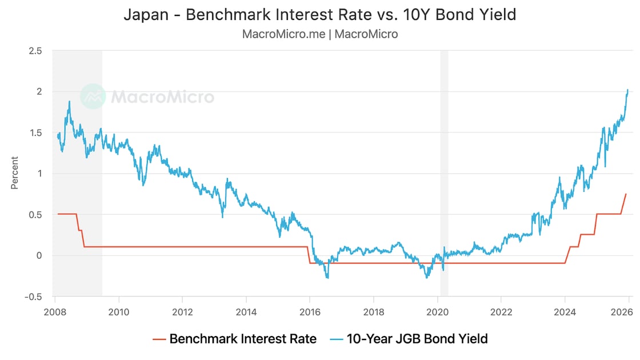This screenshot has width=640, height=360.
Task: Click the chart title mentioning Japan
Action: [x=320, y=15]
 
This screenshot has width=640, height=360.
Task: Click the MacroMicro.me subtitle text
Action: [x=320, y=34]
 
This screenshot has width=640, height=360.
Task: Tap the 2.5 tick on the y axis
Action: [x=35, y=51]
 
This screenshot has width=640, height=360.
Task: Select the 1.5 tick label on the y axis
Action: [x=35, y=133]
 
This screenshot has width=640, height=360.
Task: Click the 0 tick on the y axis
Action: [x=39, y=255]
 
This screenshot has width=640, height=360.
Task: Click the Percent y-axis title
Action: [x=15, y=173]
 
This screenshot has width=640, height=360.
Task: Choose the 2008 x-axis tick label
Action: [x=55, y=313]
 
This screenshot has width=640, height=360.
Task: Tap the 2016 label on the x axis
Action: [x=310, y=313]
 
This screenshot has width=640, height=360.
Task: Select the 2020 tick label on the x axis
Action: [x=437, y=313]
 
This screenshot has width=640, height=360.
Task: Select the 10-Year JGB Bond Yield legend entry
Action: [x=409, y=339]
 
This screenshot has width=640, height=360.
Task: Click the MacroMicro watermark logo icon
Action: [x=93, y=97]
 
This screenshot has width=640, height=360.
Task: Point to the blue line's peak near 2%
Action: [x=627, y=90]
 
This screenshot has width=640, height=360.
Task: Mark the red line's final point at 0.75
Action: [x=626, y=194]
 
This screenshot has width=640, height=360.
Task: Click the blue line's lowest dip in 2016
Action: [x=327, y=278]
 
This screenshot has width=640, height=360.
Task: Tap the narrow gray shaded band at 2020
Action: [x=444, y=171]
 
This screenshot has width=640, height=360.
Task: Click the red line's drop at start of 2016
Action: [x=309, y=255]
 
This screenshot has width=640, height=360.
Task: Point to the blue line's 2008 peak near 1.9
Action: [x=70, y=102]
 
